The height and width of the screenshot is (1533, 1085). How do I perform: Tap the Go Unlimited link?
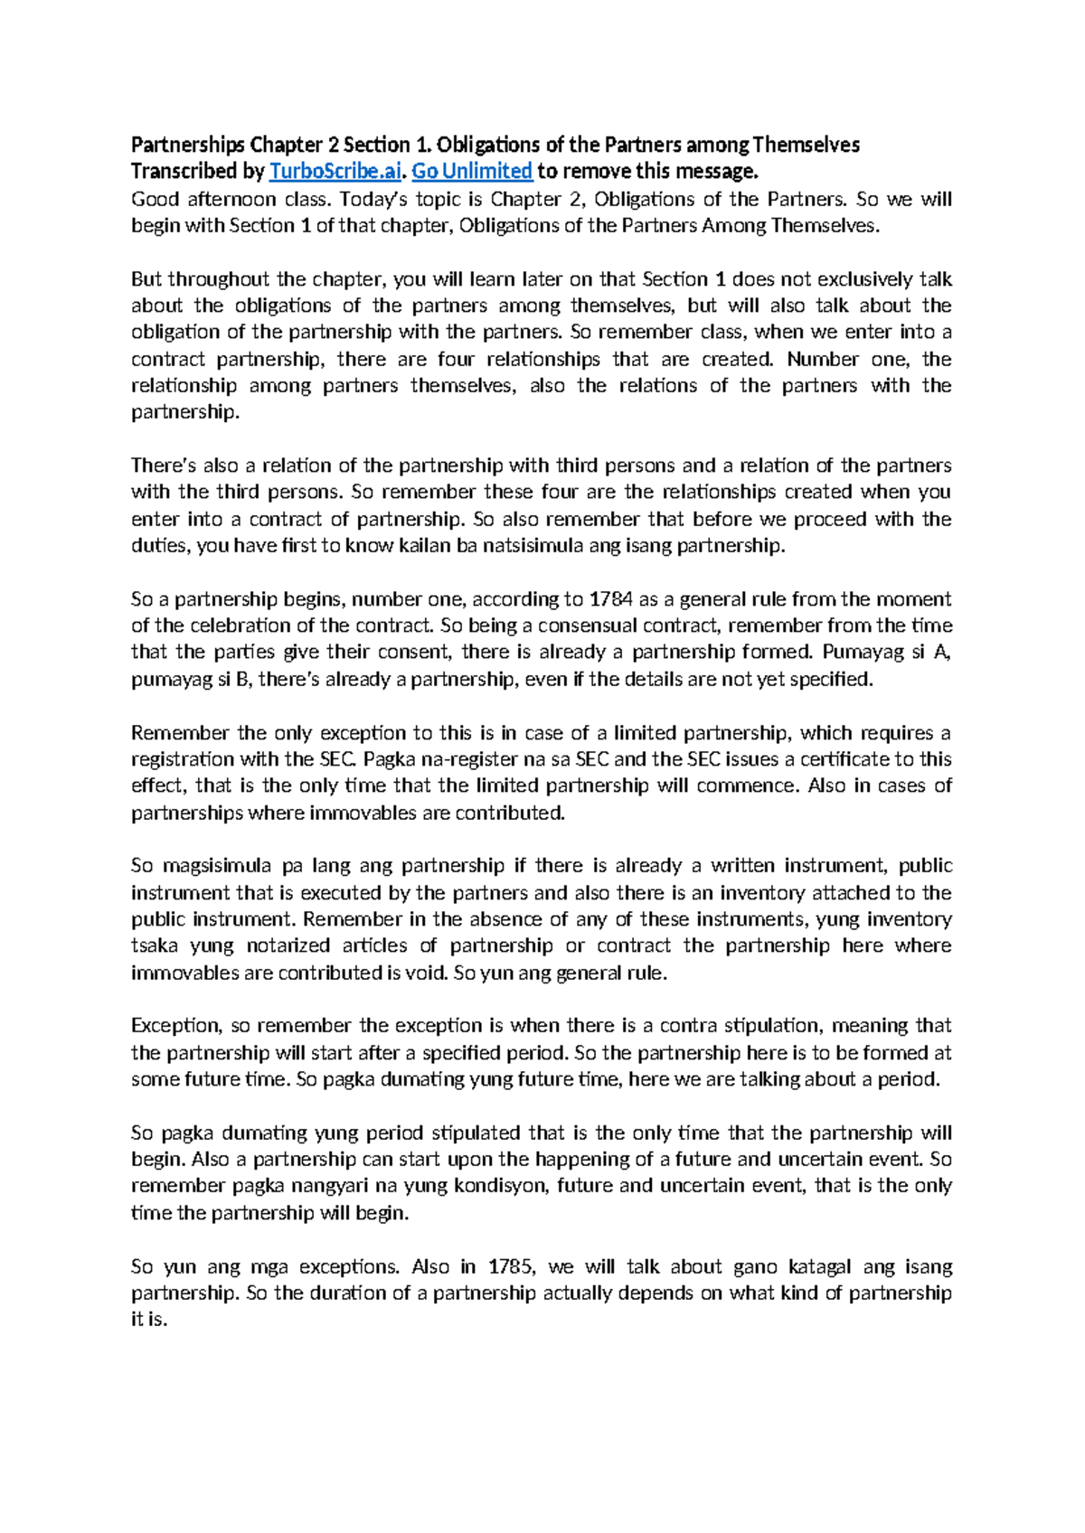coord(472,172)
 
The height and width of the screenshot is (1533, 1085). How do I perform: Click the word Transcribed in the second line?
coord(185,172)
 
